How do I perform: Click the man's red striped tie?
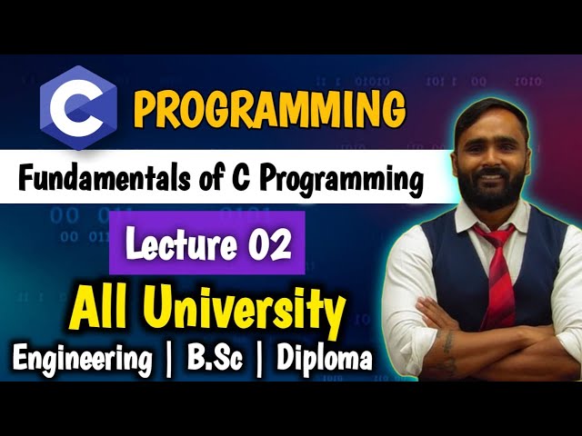(x=497, y=272)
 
